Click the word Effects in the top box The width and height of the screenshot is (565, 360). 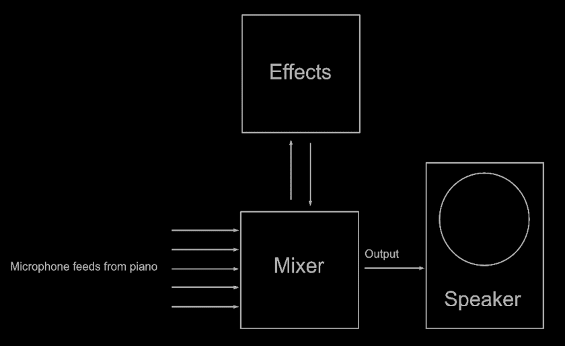[300, 72]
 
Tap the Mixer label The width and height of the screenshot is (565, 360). [299, 266]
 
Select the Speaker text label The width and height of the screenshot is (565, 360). [482, 299]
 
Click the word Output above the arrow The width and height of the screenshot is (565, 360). [381, 254]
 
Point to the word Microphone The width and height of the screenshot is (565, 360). [40, 266]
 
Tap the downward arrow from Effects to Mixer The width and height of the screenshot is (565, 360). [310, 174]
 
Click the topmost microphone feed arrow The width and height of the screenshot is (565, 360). [205, 230]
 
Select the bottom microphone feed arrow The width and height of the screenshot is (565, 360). [205, 307]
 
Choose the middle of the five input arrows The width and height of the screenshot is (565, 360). [205, 268]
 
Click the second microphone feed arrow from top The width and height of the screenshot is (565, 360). [205, 250]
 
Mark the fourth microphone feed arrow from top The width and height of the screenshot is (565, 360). [205, 287]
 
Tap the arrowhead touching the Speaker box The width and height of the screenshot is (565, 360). [422, 268]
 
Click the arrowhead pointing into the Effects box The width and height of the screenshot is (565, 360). [291, 143]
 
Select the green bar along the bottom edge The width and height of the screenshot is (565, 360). [282, 353]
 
